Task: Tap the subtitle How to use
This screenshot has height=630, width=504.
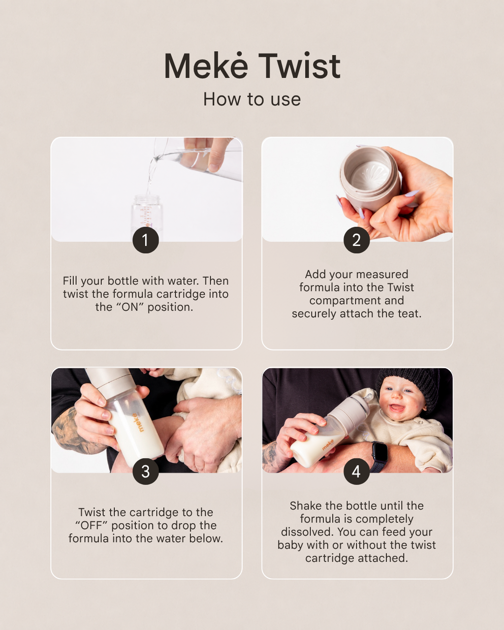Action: click(x=252, y=99)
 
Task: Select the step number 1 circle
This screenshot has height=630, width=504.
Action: click(x=146, y=240)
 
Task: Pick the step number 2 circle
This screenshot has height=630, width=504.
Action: click(x=356, y=240)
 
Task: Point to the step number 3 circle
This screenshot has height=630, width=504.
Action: click(x=146, y=472)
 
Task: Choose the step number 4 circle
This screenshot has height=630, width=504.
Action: click(x=356, y=472)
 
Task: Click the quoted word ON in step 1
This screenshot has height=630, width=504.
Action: click(x=130, y=307)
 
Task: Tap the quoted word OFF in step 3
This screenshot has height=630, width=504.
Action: click(x=93, y=526)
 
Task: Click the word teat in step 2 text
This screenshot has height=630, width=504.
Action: click(x=409, y=314)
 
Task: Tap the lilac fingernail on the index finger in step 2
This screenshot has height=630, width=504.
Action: click(x=412, y=193)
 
